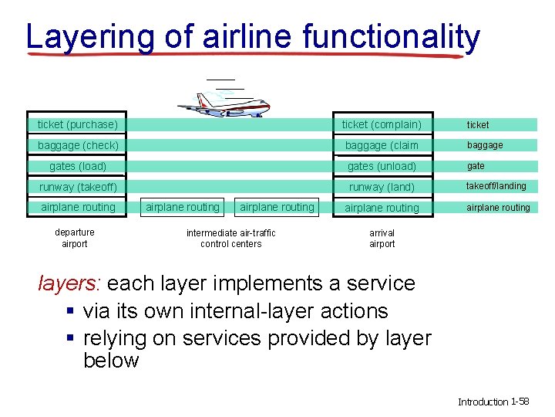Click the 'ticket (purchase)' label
pyautogui.click(x=78, y=124)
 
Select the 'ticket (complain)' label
pyautogui.click(x=382, y=124)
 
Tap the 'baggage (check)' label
pyautogui.click(x=78, y=145)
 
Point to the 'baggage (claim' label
pyautogui.click(x=382, y=145)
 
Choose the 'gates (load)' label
pyautogui.click(x=78, y=166)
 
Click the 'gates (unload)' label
pyautogui.click(x=382, y=166)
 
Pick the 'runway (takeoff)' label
pyautogui.click(x=78, y=187)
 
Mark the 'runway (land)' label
pyautogui.click(x=382, y=187)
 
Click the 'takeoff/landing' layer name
pyautogui.click(x=496, y=186)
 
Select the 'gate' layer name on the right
pyautogui.click(x=476, y=166)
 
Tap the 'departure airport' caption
pyautogui.click(x=75, y=238)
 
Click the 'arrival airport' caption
pyautogui.click(x=382, y=238)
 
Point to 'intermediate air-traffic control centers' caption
pyautogui.click(x=230, y=238)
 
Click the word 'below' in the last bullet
pyautogui.click(x=110, y=361)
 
